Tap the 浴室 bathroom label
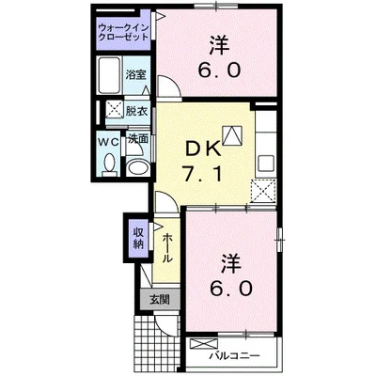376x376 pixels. coord(136,74)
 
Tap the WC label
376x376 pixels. coord(108,140)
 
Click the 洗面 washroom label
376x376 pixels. coord(137,139)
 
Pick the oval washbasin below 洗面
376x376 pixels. coord(138,166)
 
